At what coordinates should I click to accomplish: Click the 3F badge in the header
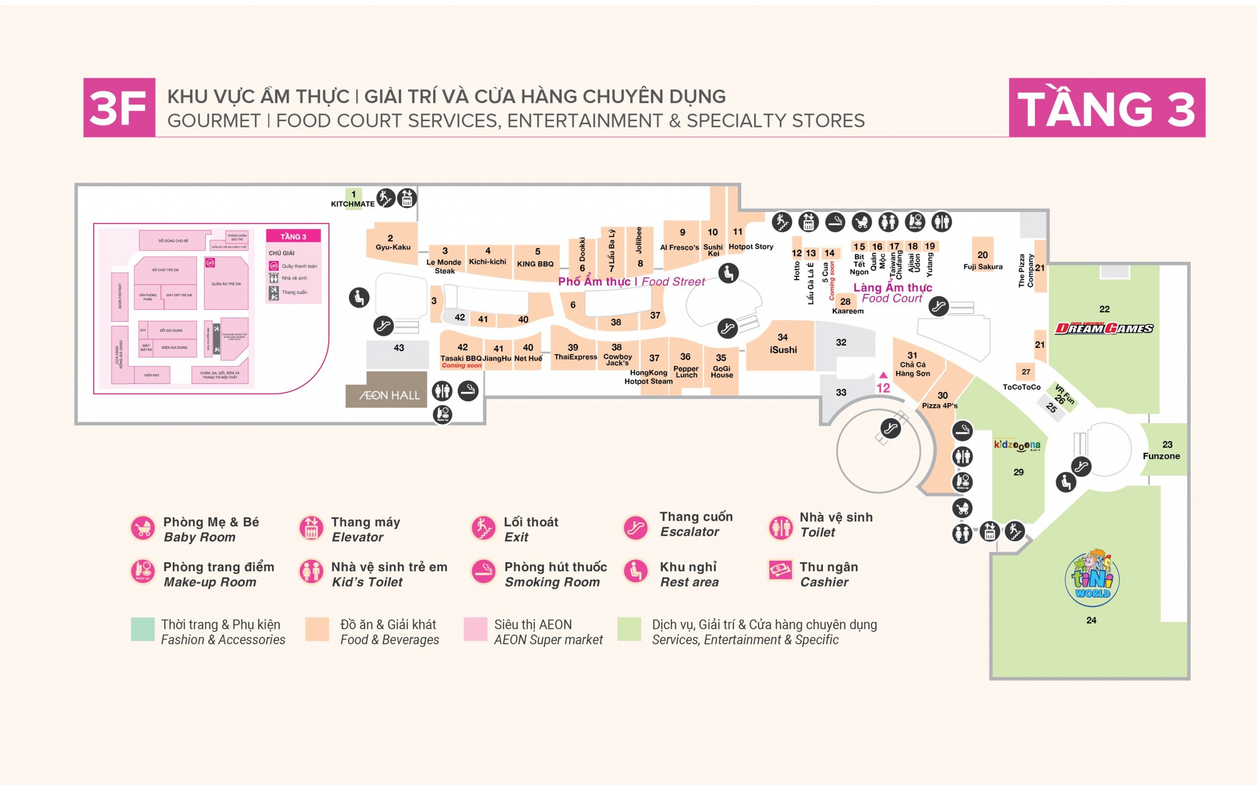click(119, 107)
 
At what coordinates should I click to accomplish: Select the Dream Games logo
click(1104, 328)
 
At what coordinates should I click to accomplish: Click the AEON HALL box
click(386, 394)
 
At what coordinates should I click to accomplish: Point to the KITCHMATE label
click(353, 204)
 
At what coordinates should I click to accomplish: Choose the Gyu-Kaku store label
click(393, 247)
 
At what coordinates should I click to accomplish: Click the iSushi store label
click(783, 349)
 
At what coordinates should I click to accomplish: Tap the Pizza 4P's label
click(939, 405)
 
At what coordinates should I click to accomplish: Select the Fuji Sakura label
click(983, 267)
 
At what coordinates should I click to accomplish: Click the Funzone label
click(1161, 456)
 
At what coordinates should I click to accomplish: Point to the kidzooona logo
click(1017, 445)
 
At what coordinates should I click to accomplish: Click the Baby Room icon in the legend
click(142, 528)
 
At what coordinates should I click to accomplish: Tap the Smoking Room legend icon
click(484, 572)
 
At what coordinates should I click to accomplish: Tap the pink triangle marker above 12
click(883, 375)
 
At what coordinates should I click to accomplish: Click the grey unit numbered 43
click(398, 354)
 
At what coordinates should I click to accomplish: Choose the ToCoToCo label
click(1021, 387)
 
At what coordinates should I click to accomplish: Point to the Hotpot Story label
click(751, 247)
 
